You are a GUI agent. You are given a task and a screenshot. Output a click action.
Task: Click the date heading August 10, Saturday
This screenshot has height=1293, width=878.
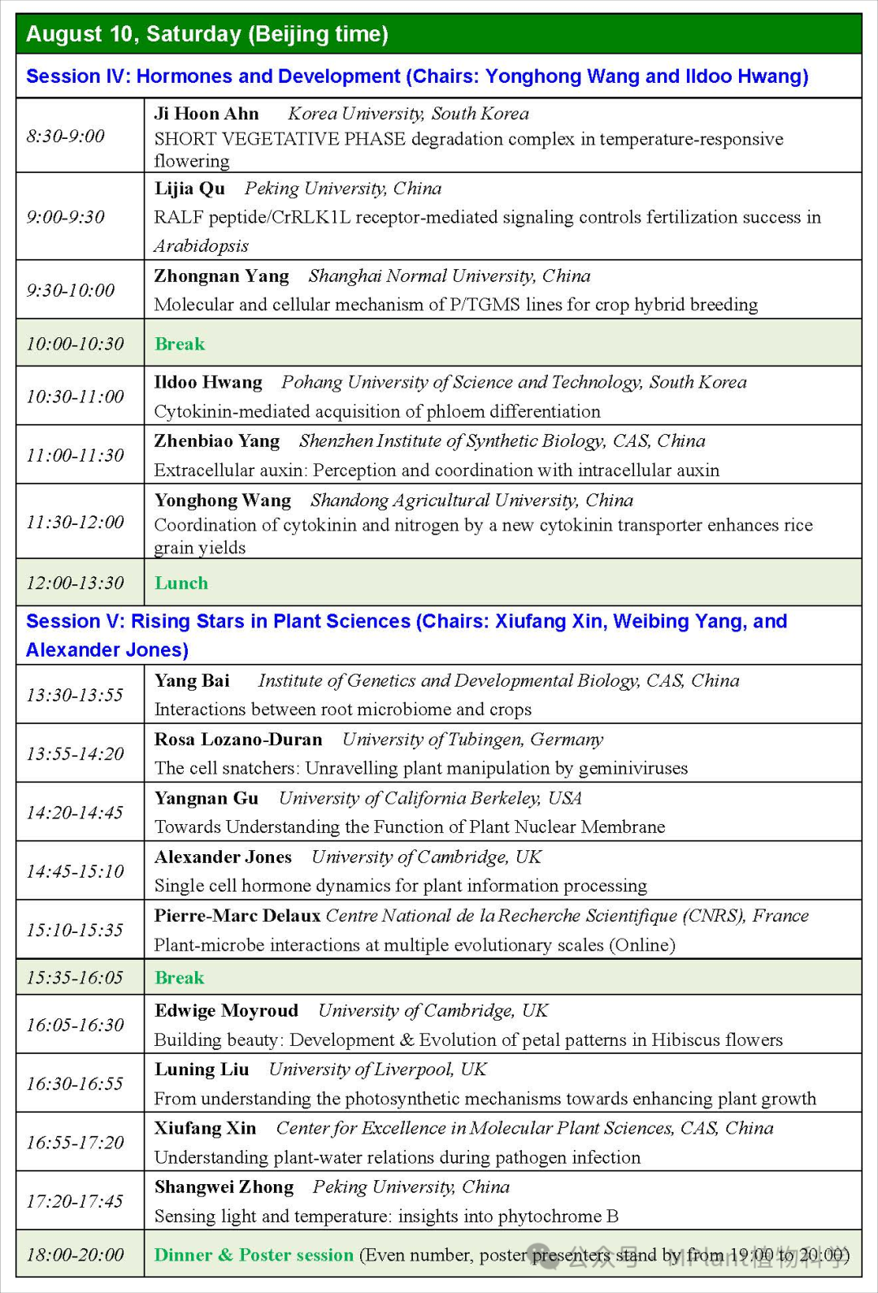[206, 34]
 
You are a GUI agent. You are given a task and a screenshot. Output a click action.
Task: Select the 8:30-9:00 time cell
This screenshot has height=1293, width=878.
[66, 136]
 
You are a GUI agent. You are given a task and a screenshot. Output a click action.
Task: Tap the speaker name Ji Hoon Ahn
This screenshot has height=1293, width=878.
[206, 114]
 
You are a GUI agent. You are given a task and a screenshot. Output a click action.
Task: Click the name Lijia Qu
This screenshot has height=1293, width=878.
[189, 189]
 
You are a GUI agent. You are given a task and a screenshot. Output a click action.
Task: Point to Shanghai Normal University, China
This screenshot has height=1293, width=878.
[449, 276]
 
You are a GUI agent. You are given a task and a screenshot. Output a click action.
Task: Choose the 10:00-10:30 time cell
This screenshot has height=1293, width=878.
[75, 344]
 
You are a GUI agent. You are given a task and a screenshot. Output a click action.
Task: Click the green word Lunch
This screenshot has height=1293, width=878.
[181, 584]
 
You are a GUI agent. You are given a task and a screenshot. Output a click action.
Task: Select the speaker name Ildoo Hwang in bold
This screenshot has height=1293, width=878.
[208, 383]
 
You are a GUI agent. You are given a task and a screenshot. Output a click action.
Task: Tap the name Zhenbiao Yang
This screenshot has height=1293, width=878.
[216, 441]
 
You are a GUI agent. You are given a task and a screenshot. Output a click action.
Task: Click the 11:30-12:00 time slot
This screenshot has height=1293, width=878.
[75, 522]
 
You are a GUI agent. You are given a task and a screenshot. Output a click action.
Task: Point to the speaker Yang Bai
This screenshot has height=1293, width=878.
[192, 681]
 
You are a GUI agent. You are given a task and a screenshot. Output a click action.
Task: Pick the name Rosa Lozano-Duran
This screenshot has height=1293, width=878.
[238, 740]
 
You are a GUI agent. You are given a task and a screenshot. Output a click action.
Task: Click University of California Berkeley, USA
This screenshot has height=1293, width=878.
[430, 799]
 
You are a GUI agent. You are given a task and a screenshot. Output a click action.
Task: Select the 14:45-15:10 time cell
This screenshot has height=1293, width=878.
[75, 871]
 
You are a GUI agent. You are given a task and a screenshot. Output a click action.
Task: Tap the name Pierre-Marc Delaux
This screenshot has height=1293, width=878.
[237, 916]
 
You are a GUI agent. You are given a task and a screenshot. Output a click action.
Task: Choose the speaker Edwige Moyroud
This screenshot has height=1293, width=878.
[226, 1011]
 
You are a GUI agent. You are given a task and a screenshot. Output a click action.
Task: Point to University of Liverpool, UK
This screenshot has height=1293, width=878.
[377, 1070]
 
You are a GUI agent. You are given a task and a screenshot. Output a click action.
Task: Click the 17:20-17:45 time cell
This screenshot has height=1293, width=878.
[75, 1201]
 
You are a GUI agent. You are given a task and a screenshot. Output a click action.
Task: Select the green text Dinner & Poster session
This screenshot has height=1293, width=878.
[254, 1256]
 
